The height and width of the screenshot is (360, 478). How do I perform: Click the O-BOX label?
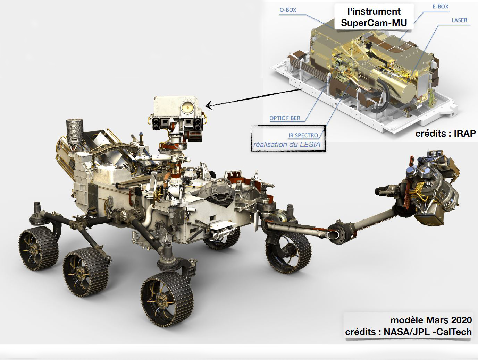coord(288,10)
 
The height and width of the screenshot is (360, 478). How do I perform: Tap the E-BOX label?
coord(440,7)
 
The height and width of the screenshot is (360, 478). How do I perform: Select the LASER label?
coord(460,20)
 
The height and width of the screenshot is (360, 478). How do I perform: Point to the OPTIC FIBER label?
coord(285,118)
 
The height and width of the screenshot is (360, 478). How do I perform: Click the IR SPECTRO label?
coord(303,135)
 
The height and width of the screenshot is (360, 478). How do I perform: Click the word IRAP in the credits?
coord(465,133)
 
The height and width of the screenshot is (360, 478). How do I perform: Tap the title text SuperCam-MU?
coord(374,23)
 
